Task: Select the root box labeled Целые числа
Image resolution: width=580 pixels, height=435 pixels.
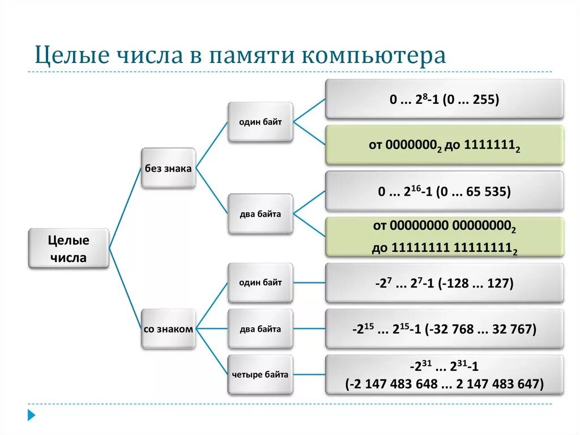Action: (68, 248)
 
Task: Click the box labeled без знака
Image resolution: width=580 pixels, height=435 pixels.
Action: (168, 168)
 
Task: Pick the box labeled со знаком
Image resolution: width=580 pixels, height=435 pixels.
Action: (168, 329)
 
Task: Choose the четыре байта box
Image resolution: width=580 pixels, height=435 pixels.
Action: (260, 374)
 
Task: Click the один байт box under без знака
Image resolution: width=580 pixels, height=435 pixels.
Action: (260, 122)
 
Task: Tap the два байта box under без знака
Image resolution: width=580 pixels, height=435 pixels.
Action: (260, 214)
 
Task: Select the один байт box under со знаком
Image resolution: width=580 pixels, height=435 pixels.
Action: (260, 282)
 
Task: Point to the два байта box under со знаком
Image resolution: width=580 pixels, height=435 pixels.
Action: (260, 329)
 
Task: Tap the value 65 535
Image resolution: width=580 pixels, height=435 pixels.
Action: (487, 192)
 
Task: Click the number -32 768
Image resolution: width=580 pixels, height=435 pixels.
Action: (450, 330)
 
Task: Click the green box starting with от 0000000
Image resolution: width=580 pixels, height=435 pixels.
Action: (444, 145)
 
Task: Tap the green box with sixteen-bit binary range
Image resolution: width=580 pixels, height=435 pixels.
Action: (444, 237)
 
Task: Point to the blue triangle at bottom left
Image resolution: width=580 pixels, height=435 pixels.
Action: (32, 415)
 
